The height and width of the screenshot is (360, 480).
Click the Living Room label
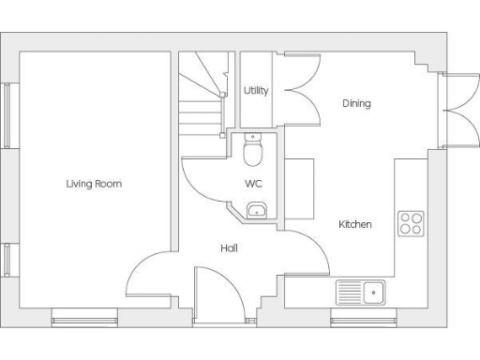94,184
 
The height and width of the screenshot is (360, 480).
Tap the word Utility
256,91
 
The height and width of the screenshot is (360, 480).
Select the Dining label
356,103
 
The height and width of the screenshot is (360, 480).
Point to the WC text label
253,184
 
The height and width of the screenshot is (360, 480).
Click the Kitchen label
355,225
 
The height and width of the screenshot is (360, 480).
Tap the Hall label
229,248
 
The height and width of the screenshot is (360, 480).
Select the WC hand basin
257,210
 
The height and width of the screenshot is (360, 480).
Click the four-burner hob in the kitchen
411,223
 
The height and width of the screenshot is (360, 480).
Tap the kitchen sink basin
374,292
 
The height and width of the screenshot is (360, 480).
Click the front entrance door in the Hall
217,295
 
